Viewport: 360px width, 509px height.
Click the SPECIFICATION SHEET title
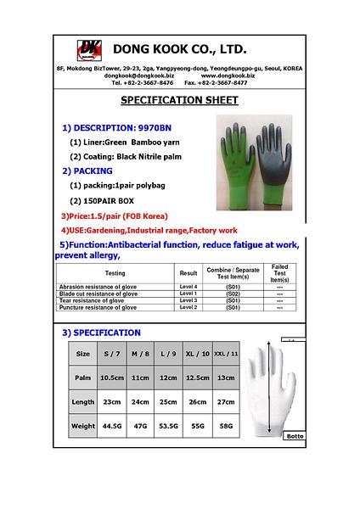(179, 100)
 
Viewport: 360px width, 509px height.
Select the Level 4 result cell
(188, 288)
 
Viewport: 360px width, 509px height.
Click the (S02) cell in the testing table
(233, 294)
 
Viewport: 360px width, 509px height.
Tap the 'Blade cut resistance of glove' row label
(104, 294)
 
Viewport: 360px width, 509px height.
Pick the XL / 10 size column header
(197, 353)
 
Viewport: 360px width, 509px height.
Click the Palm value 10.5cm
(112, 378)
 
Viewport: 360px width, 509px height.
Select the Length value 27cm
(226, 402)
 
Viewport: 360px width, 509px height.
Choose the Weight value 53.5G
(169, 426)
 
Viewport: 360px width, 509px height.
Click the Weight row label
(83, 426)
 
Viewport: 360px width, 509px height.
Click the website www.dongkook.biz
(228, 76)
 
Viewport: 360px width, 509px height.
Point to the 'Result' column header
(188, 273)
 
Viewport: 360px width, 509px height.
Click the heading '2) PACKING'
(87, 171)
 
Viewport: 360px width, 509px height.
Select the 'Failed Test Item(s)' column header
(279, 273)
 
